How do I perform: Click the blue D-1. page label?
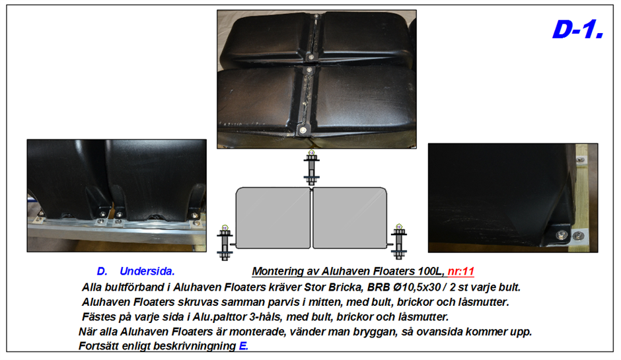[x=578, y=29]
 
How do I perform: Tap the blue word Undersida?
[x=147, y=271]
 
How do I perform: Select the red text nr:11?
[x=460, y=271]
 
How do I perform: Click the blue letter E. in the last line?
[x=244, y=345]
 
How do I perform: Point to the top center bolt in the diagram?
[x=311, y=168]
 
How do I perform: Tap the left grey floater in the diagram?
[x=273, y=218]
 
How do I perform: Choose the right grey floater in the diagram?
[x=349, y=218]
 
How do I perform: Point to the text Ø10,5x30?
[x=417, y=287]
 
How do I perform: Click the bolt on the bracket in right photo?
[x=562, y=235]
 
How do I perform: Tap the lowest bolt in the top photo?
[x=303, y=130]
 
